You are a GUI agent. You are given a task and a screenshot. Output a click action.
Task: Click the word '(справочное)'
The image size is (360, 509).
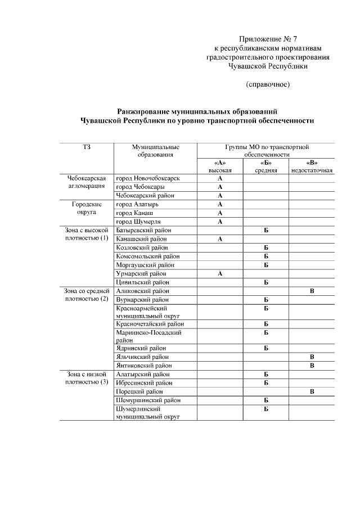coord(267,84)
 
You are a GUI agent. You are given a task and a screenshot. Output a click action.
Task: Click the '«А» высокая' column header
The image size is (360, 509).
coord(220,166)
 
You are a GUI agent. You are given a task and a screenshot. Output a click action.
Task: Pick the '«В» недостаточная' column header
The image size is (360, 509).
coord(311,166)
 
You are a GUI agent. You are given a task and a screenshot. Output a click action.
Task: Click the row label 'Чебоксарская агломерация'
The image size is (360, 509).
coord(86,182)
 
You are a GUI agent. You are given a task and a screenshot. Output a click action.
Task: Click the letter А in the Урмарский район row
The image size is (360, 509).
coord(220,273)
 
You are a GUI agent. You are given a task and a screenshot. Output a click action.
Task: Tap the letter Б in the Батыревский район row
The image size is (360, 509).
coord(265,231)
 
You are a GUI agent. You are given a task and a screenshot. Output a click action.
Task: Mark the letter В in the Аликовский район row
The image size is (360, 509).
coord(311,291)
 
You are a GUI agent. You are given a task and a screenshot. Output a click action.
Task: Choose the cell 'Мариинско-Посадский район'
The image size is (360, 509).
coord(148,336)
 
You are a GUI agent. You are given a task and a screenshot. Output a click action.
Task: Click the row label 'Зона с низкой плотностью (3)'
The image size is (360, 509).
coord(86,378)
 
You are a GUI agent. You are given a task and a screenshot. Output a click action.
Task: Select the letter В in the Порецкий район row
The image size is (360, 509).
coord(311,391)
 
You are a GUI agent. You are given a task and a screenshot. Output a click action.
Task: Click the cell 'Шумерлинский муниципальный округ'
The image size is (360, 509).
coord(147,413)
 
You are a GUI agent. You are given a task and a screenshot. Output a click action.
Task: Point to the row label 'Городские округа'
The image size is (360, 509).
coord(86,209)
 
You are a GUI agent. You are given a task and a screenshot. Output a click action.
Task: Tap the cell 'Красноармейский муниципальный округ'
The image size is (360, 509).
coord(147,312)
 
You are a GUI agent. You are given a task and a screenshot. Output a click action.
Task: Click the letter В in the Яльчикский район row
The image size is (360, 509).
coord(311,357)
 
